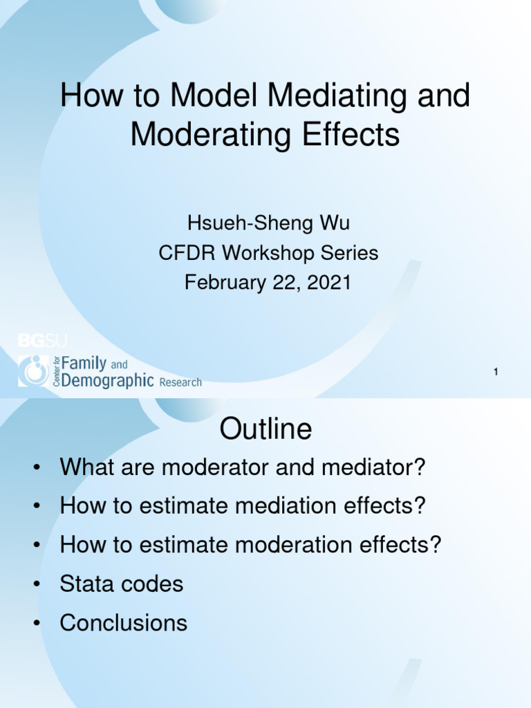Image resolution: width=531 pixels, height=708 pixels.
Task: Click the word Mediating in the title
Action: point(341,96)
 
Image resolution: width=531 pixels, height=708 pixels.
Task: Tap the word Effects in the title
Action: point(353,134)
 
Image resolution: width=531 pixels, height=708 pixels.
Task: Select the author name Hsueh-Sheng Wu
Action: point(268,223)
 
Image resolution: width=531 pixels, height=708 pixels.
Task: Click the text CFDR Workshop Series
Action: point(268,253)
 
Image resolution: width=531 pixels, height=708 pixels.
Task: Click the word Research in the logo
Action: point(180,382)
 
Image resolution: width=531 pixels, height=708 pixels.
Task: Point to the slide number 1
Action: point(496,373)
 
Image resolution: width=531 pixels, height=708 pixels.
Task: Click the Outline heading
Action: point(265,429)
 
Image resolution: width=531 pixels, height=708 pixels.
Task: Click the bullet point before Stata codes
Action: point(35,584)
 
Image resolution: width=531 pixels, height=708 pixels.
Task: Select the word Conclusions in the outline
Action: point(123,623)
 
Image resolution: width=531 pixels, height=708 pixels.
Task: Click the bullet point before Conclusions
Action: point(35,624)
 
